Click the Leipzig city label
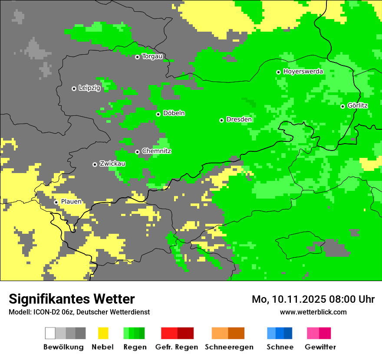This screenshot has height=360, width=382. click(89, 88)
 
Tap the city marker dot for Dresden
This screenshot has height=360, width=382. click(221, 120)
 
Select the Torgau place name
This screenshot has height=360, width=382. click(152, 56)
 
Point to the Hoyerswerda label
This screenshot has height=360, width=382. click(303, 71)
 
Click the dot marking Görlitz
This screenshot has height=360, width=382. click(342, 106)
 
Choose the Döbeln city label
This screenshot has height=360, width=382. click(174, 113)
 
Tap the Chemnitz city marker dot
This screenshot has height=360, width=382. click(137, 152)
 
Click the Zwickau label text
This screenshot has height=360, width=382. click(112, 164)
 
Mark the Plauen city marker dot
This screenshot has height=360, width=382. click(56, 202)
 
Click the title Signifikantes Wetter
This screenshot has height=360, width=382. click(72, 299)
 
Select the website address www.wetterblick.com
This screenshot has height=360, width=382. click(313, 312)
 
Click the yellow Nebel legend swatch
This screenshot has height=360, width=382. click(103, 333)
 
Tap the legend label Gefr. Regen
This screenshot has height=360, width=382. click(177, 347)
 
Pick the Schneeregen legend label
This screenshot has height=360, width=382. click(229, 347)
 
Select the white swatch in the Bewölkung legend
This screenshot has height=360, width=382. click(50, 333)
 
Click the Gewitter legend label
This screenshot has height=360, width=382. click(320, 347)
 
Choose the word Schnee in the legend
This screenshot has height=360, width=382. click(280, 347)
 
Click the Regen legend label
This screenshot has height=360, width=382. click(135, 347)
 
